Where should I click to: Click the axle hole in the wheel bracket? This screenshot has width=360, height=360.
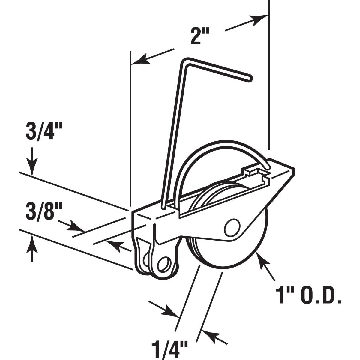tap(232, 227)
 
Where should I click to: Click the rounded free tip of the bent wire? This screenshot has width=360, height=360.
tap(250, 78)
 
